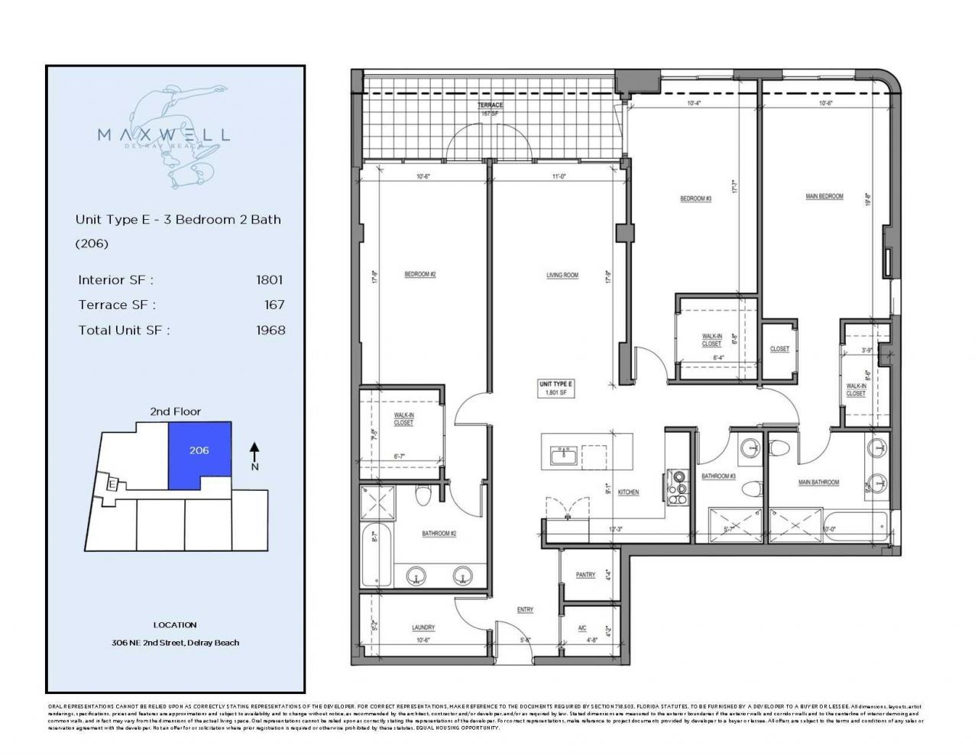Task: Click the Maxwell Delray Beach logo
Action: [x=164, y=135]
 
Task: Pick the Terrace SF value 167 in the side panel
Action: [x=274, y=305]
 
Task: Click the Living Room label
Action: [x=562, y=276]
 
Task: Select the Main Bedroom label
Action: [x=824, y=196]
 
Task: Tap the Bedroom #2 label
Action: [x=419, y=275]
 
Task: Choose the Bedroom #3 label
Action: [x=695, y=199]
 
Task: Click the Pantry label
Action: [x=585, y=575]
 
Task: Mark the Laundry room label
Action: [x=423, y=628]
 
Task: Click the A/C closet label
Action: [x=582, y=628]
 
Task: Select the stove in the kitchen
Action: [x=676, y=486]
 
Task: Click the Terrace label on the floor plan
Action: [x=489, y=105]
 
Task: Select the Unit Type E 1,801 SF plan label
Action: [x=555, y=388]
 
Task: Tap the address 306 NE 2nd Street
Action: [x=174, y=643]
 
